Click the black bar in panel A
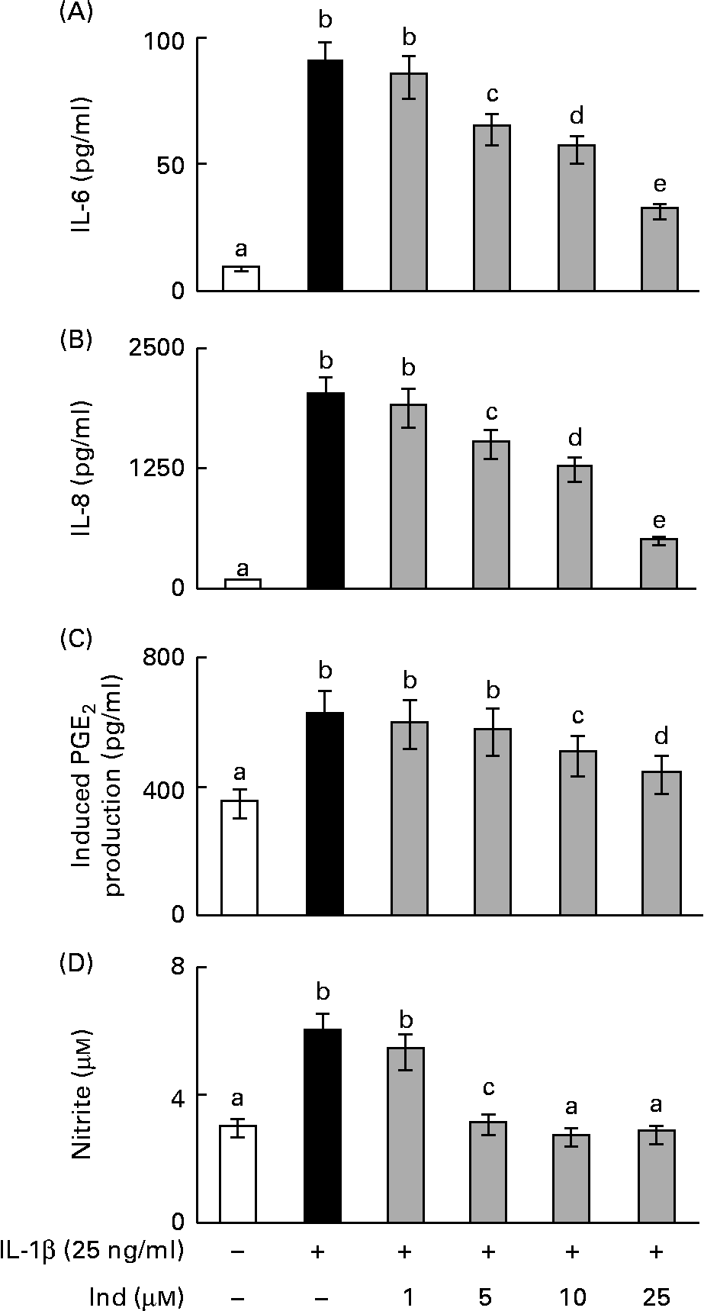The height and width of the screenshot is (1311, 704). coord(326,176)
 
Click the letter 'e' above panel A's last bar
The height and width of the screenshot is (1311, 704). coord(660,185)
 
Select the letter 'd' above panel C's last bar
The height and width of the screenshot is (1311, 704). coord(661,736)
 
